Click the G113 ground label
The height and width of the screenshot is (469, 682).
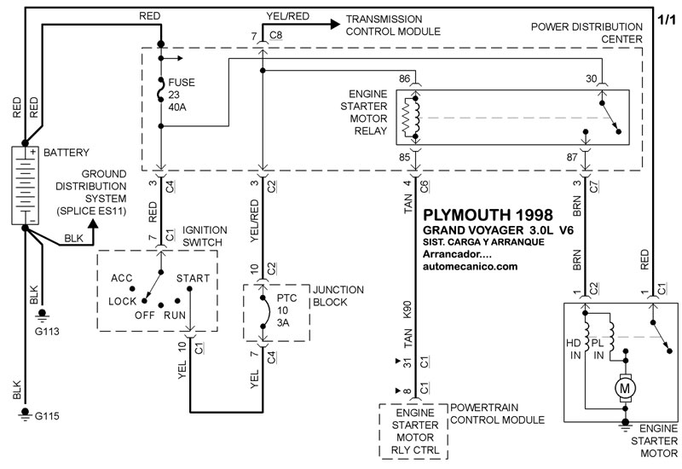pyautogui.click(x=47, y=332)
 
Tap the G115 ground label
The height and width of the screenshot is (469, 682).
pyautogui.click(x=47, y=416)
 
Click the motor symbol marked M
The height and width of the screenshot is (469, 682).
pyautogui.click(x=625, y=387)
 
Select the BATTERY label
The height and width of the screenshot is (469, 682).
pyautogui.click(x=66, y=153)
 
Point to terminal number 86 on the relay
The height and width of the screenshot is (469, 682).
pyautogui.click(x=404, y=78)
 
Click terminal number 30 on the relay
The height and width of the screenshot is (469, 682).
pyautogui.click(x=591, y=78)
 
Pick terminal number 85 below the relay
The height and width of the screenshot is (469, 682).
pyautogui.click(x=404, y=157)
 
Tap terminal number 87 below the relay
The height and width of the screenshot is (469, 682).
pyautogui.click(x=572, y=157)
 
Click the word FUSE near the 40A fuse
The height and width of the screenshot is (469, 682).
pyautogui.click(x=182, y=83)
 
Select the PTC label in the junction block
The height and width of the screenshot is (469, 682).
pyautogui.click(x=286, y=298)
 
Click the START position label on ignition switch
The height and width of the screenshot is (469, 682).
pyautogui.click(x=193, y=279)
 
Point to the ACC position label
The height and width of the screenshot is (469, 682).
pyautogui.click(x=121, y=279)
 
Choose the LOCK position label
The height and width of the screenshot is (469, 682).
pyautogui.click(x=122, y=302)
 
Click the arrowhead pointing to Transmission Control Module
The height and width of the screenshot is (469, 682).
pyautogui.click(x=335, y=25)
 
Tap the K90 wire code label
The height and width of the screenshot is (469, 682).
pyautogui.click(x=407, y=310)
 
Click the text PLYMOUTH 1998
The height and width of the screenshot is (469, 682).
pyautogui.click(x=488, y=215)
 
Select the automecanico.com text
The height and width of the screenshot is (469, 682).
pyautogui.click(x=471, y=266)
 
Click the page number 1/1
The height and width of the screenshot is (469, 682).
pyautogui.click(x=667, y=20)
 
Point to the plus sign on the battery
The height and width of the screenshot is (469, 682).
pyautogui.click(x=32, y=153)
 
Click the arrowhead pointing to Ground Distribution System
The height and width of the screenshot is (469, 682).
pyautogui.click(x=92, y=223)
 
